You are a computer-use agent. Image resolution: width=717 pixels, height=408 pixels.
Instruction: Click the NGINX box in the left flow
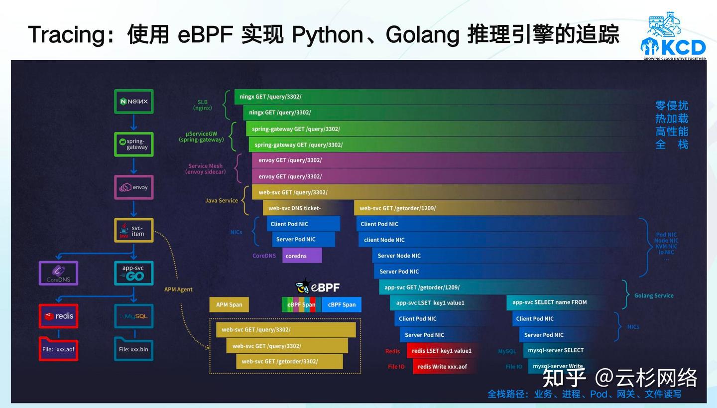point(133,102)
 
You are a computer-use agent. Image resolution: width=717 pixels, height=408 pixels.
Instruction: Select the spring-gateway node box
point(133,144)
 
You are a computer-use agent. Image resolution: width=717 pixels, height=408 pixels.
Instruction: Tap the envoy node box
point(133,187)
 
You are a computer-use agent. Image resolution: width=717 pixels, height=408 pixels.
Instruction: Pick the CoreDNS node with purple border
point(59,273)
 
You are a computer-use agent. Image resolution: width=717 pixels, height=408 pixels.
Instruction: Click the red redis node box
point(59,316)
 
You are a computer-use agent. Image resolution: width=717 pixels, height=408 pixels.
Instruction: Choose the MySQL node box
point(133,316)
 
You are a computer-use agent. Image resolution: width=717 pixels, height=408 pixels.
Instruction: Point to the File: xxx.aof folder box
point(59,349)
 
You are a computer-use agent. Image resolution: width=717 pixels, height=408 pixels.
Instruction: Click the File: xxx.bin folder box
point(133,349)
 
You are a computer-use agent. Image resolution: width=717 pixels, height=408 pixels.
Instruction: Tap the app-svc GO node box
point(133,273)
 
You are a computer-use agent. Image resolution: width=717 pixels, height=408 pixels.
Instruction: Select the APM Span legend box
point(229,304)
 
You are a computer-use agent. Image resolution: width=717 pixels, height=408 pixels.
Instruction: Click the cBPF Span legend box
point(342,304)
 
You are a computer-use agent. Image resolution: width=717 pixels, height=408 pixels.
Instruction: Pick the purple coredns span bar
point(302,256)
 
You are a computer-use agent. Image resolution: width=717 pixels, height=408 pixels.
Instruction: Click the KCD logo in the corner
point(673,37)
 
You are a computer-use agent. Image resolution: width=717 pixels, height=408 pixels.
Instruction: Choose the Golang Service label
point(654,295)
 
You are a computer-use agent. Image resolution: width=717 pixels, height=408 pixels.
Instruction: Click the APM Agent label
point(178,289)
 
